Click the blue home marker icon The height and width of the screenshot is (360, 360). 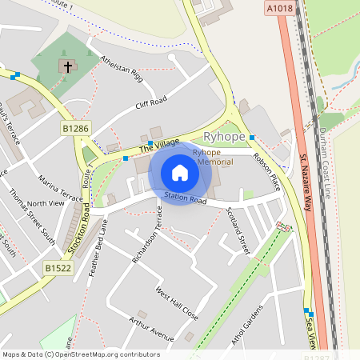pos(180,173)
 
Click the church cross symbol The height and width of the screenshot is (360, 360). pos(68,67)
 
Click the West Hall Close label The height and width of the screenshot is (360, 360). pos(177,304)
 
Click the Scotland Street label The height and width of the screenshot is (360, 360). pos(238,230)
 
